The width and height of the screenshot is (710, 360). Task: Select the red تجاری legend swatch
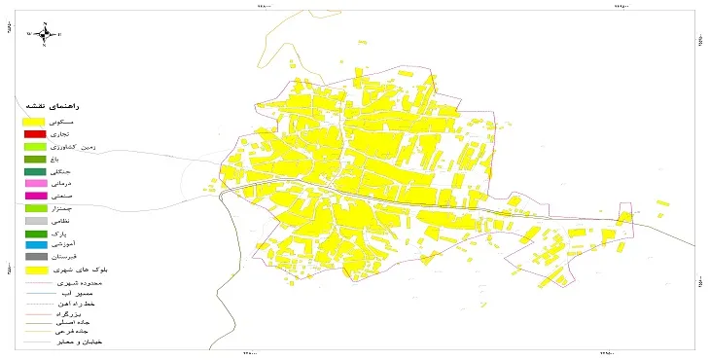point(35,133)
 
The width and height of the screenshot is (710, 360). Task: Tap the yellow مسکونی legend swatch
point(35,121)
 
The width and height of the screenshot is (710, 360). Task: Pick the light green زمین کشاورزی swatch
point(35,146)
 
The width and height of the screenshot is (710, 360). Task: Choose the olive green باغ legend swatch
point(35,159)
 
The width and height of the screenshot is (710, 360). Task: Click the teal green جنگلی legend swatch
point(35,171)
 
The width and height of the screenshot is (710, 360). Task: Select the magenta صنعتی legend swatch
point(35,196)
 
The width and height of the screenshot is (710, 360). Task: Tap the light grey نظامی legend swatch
point(35,221)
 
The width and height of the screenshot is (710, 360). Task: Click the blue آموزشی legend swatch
point(35,245)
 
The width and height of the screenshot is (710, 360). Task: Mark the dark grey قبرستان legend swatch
point(35,257)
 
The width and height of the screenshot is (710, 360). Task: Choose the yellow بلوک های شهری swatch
point(35,270)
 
